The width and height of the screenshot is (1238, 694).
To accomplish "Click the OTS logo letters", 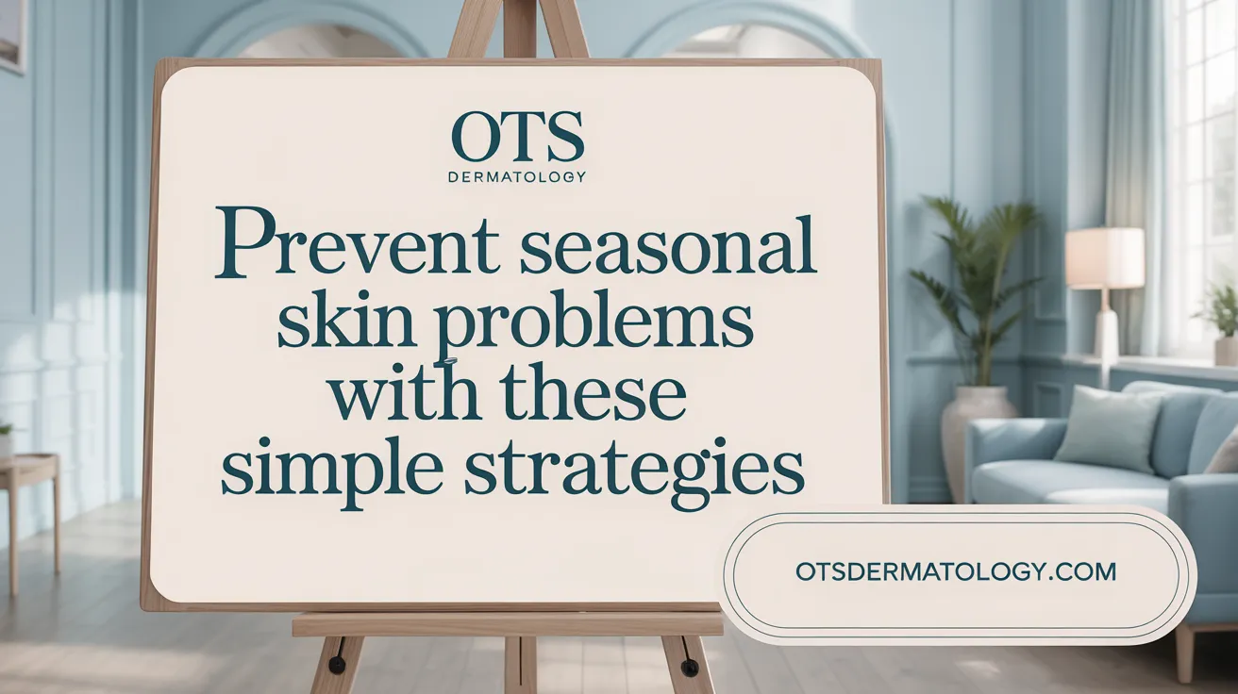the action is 517,137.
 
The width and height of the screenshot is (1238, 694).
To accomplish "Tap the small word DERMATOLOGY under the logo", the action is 517,177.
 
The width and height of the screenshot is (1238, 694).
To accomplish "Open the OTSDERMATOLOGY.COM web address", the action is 956,571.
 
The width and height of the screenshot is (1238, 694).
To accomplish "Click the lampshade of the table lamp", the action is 1105,258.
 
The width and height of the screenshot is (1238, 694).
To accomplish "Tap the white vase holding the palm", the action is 976,437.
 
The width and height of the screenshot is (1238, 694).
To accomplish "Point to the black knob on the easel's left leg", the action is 337,664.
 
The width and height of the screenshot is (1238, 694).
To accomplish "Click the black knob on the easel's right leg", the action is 689,667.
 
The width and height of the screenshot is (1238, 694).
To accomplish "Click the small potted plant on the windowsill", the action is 1220,324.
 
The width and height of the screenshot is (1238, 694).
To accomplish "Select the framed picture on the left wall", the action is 12,37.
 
